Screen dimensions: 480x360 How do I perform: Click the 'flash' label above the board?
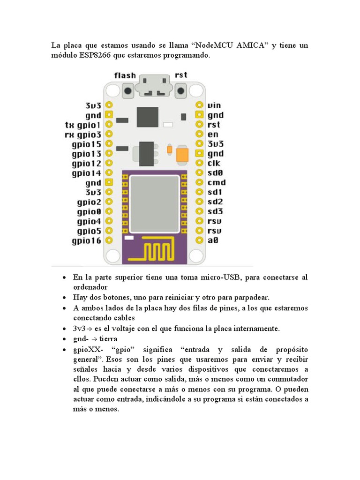click(x=125, y=75)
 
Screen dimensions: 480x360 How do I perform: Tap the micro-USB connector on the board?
click(x=155, y=87)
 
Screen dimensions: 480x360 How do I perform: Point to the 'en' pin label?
click(x=213, y=135)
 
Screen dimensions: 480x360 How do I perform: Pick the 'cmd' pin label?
click(x=217, y=182)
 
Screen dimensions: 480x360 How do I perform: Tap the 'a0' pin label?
click(x=213, y=240)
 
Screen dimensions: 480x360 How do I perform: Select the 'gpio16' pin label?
click(x=86, y=241)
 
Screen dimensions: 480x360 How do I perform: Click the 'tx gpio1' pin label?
click(x=82, y=125)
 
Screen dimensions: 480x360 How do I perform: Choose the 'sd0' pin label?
click(x=215, y=173)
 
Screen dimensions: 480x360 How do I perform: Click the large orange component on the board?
click(x=182, y=154)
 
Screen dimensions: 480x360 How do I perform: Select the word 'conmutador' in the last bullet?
click(x=285, y=379)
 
